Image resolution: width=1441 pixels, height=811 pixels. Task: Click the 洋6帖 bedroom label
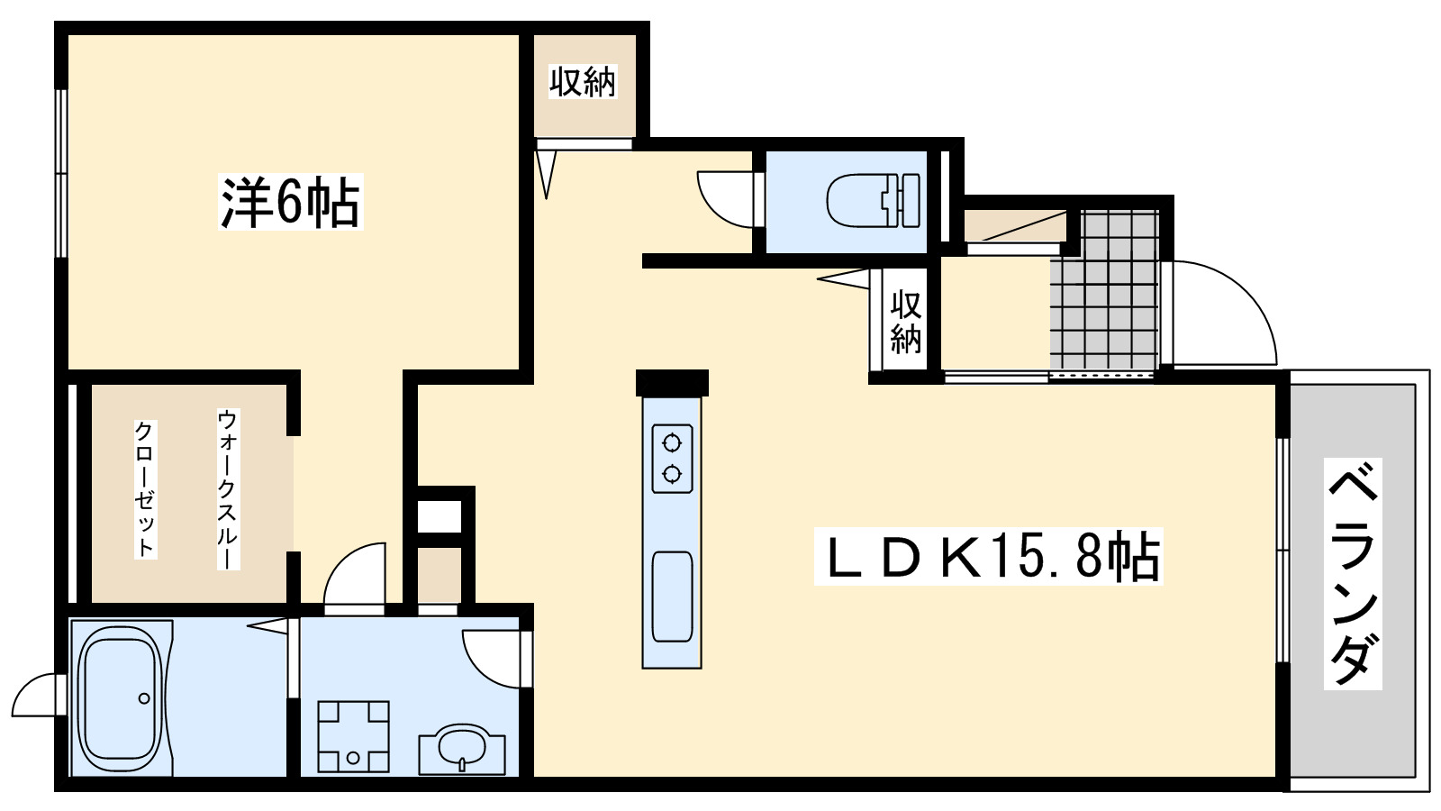point(290,202)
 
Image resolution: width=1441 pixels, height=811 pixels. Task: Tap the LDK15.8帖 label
point(988,557)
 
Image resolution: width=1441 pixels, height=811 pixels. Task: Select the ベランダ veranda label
point(1353,574)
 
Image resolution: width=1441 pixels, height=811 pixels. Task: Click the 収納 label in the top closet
point(583,82)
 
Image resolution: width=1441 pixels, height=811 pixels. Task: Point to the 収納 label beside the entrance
point(905,321)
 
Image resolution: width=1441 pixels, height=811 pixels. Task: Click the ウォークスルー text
point(228,488)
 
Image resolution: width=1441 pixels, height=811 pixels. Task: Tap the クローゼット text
point(145,488)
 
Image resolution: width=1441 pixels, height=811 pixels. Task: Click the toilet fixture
point(872,200)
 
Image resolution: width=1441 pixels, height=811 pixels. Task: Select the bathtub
point(121,697)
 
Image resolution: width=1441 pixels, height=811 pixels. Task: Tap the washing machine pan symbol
point(353,736)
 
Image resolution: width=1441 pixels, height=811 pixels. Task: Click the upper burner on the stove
point(671,442)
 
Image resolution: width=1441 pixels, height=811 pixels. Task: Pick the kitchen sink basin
point(672,596)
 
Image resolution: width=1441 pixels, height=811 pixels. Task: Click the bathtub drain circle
point(143,697)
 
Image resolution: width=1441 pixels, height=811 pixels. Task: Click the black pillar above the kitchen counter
point(672,382)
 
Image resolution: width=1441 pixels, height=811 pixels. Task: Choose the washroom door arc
point(491,658)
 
